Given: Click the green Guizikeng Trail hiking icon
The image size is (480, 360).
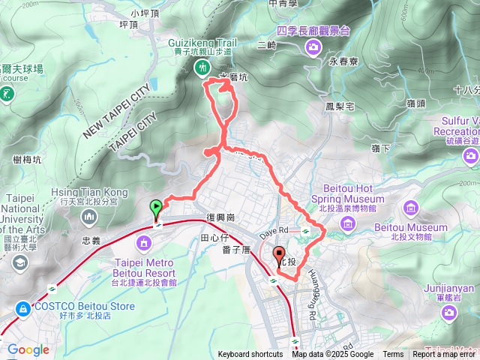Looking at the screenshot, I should [x=201, y=68].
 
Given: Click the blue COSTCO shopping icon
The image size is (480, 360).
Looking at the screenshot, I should [x=23, y=308].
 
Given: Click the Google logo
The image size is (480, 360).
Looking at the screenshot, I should [x=28, y=349].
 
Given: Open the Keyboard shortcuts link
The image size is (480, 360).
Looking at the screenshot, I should [x=250, y=355].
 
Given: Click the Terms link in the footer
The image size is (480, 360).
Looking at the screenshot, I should [x=393, y=355].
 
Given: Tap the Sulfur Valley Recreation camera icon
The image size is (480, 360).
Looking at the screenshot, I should [x=471, y=156].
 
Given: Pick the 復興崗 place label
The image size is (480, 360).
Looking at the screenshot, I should [x=221, y=217].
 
